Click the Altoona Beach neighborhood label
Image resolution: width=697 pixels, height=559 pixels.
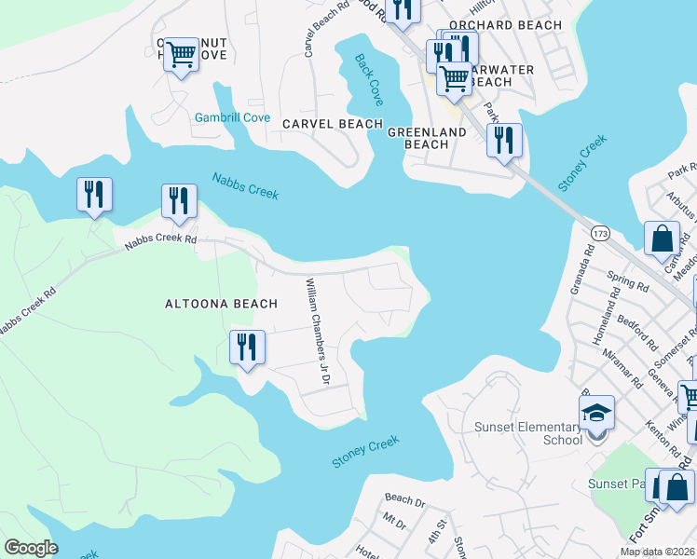coord(221,304)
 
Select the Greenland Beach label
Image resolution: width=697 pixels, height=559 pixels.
coord(426,138)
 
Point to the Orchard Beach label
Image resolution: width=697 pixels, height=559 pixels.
coord(505,25)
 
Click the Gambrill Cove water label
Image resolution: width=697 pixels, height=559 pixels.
coord(232,118)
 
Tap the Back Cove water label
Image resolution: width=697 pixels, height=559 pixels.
coord(368,79)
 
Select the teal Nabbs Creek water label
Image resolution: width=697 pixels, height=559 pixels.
coord(245,185)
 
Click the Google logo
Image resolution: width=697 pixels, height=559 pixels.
coord(32,548)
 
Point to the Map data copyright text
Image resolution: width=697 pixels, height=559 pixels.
coord(656,552)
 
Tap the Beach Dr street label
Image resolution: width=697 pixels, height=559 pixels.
coord(403,500)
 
